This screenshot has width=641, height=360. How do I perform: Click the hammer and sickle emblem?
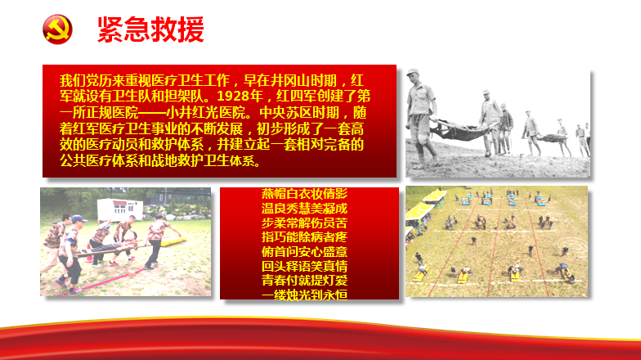point(57,29)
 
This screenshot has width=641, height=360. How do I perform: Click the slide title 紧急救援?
point(150,29)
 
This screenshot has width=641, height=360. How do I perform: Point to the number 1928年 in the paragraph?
point(240,97)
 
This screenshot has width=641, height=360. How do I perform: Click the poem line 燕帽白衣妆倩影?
point(304,193)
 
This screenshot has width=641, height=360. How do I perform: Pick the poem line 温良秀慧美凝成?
point(304,208)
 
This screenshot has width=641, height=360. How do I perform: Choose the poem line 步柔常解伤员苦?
point(304,223)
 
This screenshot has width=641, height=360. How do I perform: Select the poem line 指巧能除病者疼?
point(304,237)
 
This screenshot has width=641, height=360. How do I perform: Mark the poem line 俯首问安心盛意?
point(304,252)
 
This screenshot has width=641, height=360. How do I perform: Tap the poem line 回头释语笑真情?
point(304,267)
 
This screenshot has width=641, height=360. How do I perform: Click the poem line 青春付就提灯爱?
point(304,281)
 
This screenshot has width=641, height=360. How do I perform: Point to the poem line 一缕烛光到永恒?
point(304,295)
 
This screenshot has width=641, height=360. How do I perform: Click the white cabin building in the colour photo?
point(119,209)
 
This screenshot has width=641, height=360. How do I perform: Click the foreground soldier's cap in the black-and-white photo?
point(413,72)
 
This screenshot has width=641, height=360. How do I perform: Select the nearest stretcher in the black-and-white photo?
point(459,130)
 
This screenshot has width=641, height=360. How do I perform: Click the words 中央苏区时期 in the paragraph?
point(299,113)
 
